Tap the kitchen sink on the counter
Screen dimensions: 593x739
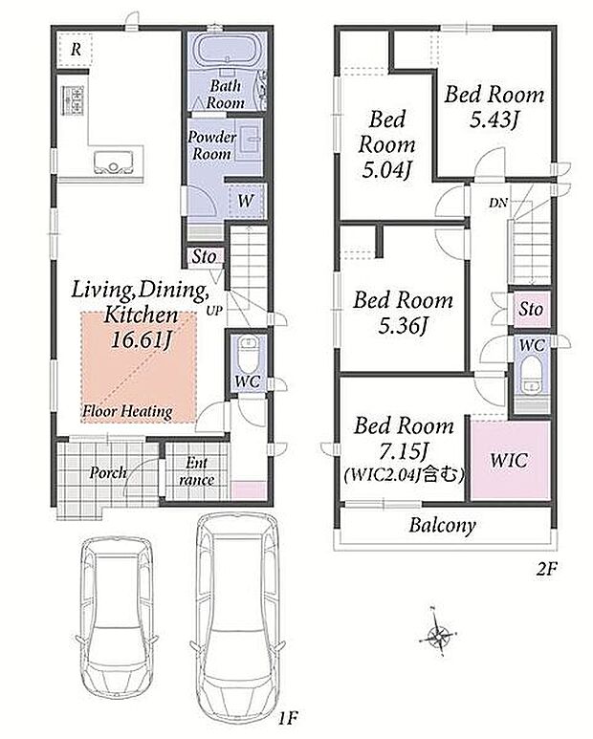pos(114,162)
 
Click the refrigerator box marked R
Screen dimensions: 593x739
pos(76,49)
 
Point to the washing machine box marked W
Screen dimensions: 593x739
pos(245,201)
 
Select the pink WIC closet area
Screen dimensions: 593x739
pos(511,460)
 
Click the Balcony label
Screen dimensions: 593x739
pos(442,525)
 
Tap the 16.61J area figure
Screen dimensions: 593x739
pos(140,339)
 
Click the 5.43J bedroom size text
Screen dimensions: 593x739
pos(494,120)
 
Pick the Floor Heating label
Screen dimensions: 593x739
pos(127,411)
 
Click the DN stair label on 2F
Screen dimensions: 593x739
pos(497,203)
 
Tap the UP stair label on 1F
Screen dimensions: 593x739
pos(213,311)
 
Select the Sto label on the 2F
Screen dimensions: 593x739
pos(531,309)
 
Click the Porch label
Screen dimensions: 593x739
pos(108,472)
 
